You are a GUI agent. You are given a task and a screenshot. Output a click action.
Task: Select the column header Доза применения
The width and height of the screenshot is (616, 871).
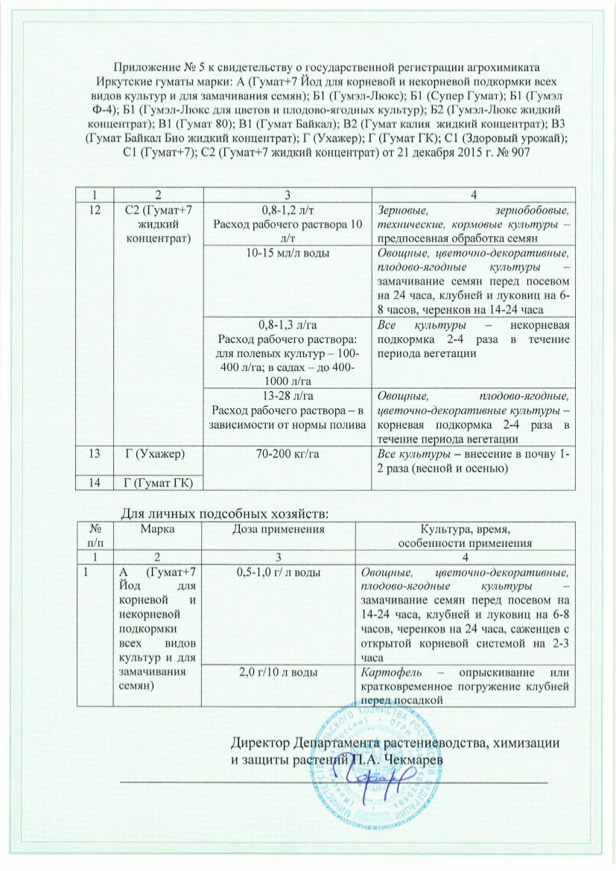(280, 528)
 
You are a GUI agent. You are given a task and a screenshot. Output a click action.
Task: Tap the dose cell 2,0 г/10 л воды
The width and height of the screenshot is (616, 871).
(280, 673)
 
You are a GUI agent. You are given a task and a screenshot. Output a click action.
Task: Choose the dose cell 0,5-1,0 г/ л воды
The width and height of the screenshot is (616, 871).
(280, 572)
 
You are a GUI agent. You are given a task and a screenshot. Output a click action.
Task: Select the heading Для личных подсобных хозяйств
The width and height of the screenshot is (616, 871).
(224, 513)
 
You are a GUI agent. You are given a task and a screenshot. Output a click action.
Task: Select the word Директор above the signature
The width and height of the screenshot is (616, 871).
(261, 744)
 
